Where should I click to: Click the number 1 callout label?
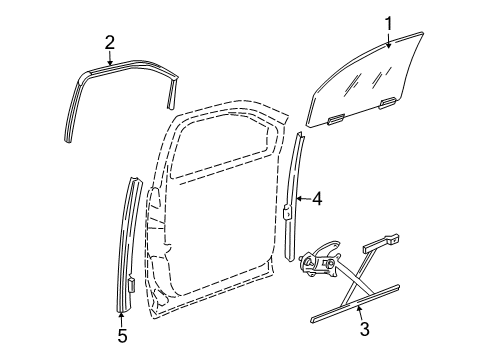coord(390,21)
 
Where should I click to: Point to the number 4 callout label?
coord(316,199)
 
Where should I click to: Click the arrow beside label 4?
coord(301,199)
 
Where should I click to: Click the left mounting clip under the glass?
coord(336,119)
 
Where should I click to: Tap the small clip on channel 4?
coord(288,210)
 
